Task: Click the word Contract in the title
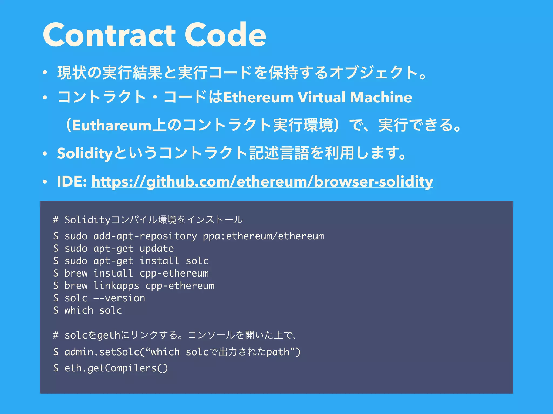(109, 35)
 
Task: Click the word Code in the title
(225, 35)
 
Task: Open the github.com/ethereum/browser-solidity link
(262, 181)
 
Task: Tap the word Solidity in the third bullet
(85, 153)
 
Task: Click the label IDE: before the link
(72, 181)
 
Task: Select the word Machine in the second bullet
(381, 97)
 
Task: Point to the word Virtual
(321, 97)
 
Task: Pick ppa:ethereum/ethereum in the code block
(263, 236)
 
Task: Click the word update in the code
(157, 249)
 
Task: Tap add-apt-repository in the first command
(145, 236)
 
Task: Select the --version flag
(119, 298)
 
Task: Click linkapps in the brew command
(116, 286)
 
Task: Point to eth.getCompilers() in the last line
(116, 368)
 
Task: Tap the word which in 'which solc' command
(79, 310)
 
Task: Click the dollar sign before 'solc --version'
(56, 298)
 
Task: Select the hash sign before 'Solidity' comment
(56, 220)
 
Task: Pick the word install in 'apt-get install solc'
(159, 261)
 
